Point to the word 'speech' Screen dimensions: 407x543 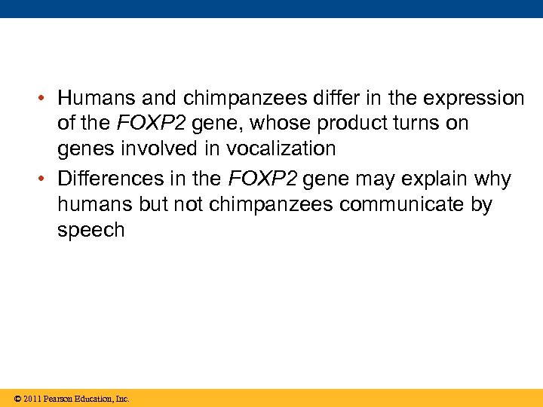click(90, 231)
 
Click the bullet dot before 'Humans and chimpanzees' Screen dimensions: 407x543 click(46, 99)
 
